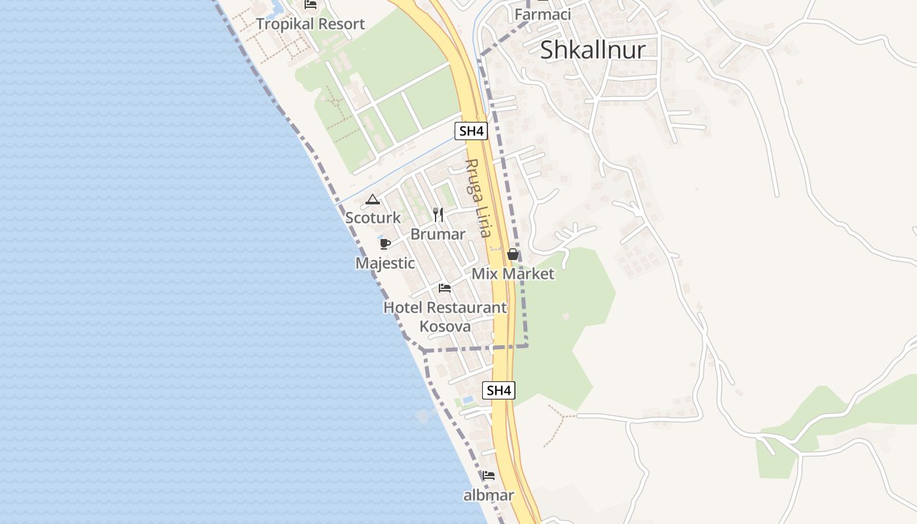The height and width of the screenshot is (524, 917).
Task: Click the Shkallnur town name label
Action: click(593, 50)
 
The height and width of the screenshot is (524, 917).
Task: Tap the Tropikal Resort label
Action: click(310, 24)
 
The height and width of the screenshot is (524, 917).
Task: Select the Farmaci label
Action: click(542, 14)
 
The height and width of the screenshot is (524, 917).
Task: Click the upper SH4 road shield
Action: click(471, 130)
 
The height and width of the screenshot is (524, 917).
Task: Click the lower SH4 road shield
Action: click(498, 390)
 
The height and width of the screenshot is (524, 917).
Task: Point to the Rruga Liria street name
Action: click(477, 198)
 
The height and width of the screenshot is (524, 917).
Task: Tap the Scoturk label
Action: click(373, 217)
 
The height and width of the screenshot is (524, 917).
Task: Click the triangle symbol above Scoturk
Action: click(373, 200)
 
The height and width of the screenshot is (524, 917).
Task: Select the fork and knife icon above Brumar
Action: click(438, 214)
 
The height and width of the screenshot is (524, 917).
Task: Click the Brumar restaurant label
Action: click(438, 234)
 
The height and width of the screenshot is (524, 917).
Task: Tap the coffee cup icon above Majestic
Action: click(385, 244)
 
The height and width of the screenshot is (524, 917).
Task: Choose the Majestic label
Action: click(385, 263)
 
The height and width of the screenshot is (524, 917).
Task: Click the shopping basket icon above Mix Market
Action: click(513, 254)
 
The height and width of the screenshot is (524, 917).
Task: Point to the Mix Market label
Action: click(513, 274)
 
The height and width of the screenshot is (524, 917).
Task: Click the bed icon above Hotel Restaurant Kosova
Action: click(445, 288)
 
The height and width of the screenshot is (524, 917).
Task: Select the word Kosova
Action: click(445, 326)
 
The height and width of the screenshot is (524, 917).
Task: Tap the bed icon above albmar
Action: click(488, 475)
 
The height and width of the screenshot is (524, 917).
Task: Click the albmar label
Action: click(488, 495)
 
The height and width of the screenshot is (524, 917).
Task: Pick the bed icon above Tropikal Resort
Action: click(310, 5)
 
